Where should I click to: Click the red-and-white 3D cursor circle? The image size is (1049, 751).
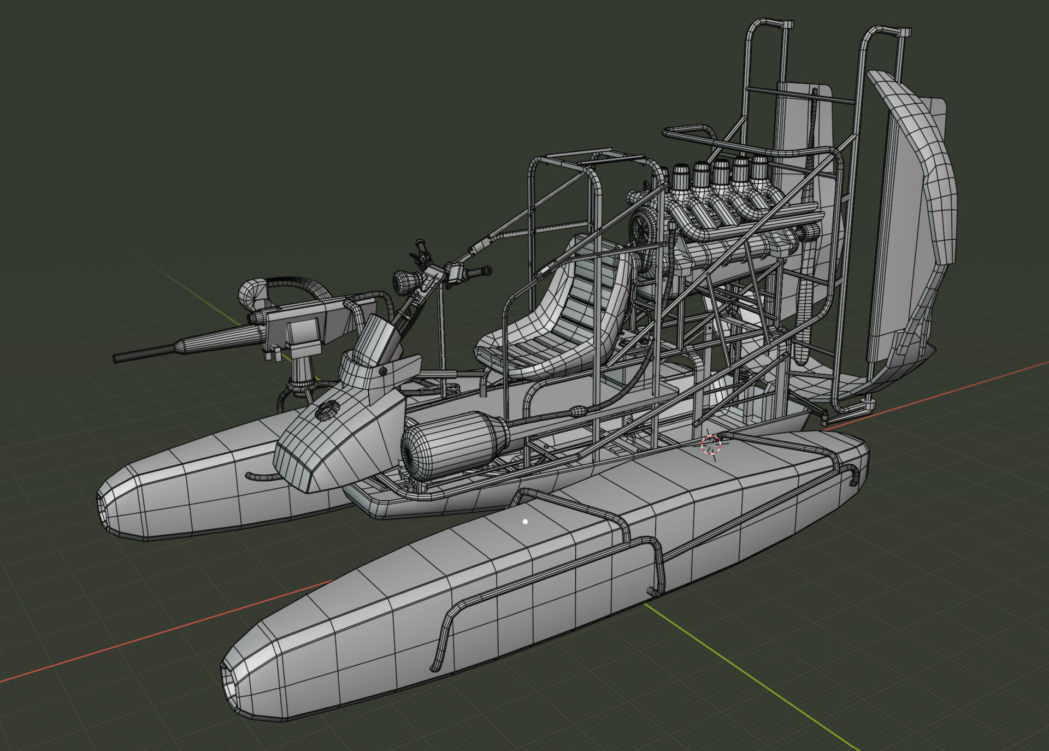pos(711,445)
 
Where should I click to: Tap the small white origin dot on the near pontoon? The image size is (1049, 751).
pos(525,522)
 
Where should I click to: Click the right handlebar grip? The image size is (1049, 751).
pos(481,271)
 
